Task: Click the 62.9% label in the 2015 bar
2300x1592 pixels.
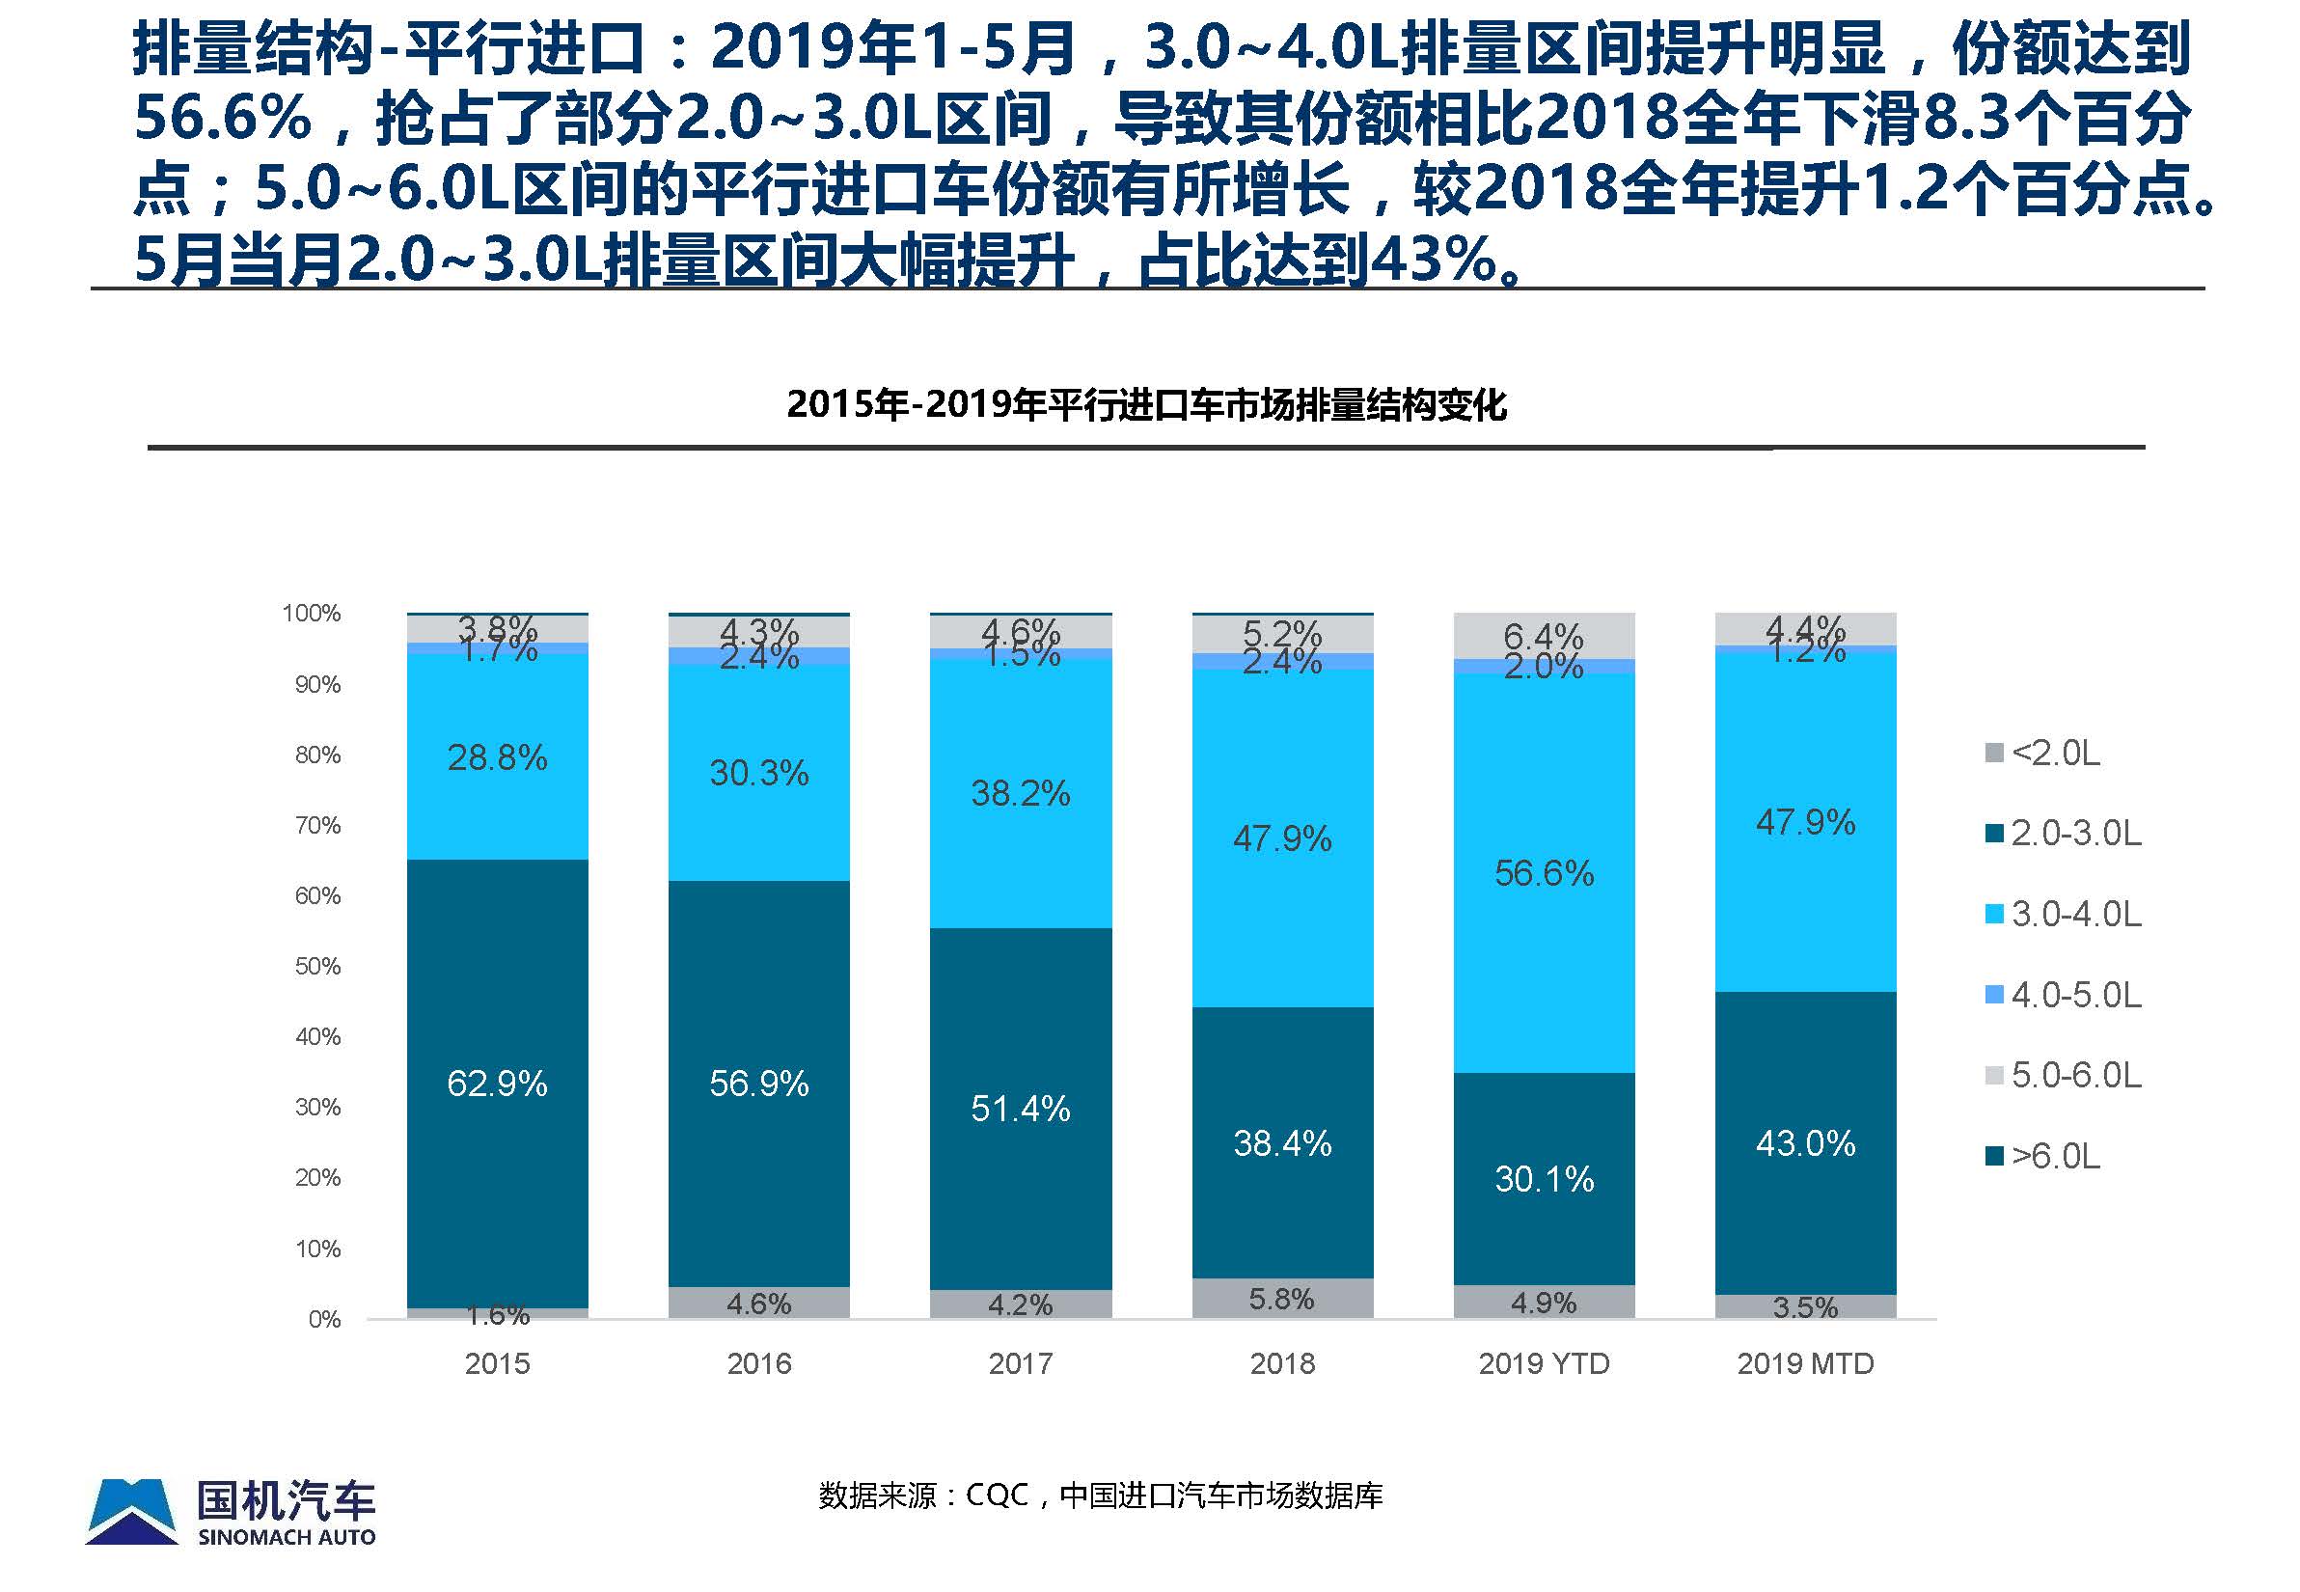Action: (x=497, y=1084)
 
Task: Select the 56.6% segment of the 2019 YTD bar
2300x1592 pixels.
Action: (x=1543, y=874)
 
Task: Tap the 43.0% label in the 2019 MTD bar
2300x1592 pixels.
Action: (x=1805, y=1143)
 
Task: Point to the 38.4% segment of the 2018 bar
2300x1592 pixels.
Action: (x=1281, y=1143)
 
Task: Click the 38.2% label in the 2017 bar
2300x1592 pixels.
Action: (x=1021, y=794)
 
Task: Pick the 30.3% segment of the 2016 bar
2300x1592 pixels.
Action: (x=758, y=773)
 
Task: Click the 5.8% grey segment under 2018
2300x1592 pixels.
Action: (x=1281, y=1299)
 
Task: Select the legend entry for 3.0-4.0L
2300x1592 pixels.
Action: (x=2063, y=914)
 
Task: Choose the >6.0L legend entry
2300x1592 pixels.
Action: (x=2042, y=1156)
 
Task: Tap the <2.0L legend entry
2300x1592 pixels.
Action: (x=2042, y=753)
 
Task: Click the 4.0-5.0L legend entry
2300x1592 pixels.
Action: (x=2063, y=995)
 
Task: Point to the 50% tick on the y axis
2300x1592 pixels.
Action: (x=317, y=966)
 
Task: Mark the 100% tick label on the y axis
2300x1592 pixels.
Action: (x=312, y=613)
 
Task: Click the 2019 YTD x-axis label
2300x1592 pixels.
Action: (x=1543, y=1363)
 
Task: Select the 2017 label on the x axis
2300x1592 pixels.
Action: (x=1021, y=1363)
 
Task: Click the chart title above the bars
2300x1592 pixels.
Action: (x=1146, y=405)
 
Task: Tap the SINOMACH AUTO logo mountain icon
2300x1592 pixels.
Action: (x=131, y=1511)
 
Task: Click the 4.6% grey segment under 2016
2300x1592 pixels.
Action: (x=758, y=1303)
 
